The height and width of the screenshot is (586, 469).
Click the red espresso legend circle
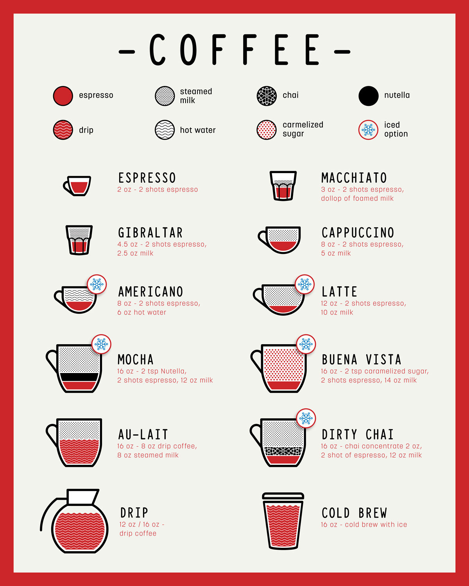tap(63, 96)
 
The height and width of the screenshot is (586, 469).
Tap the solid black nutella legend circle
tap(369, 96)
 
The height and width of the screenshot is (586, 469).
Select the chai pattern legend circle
tap(267, 96)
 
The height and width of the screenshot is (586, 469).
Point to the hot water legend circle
tap(165, 130)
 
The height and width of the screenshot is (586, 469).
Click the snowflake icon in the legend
tap(368, 130)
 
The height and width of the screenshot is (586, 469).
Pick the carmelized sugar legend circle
tap(267, 130)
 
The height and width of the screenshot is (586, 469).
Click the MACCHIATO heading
tap(354, 178)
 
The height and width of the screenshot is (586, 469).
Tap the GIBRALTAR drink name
tap(150, 233)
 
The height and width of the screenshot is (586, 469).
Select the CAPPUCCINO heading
tap(358, 233)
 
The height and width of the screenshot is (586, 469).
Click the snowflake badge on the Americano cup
tap(97, 284)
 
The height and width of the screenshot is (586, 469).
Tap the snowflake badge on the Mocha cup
tap(101, 344)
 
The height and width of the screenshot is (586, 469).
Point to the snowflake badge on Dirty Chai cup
tap(306, 419)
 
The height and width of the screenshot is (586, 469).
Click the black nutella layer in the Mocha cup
tap(79, 377)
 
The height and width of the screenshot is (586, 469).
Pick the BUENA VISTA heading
tap(362, 359)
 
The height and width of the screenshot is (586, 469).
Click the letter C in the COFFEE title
tap(158, 50)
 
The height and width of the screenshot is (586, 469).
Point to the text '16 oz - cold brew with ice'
tap(364, 525)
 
